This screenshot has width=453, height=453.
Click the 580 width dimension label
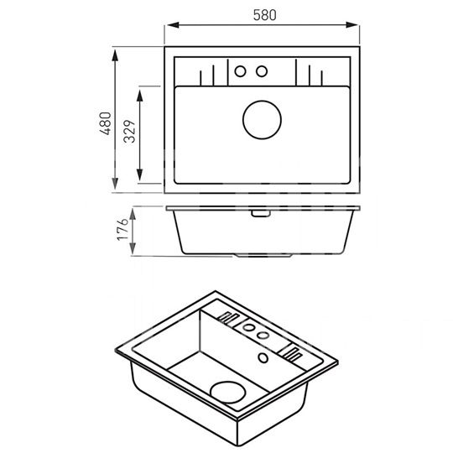[x=264, y=15]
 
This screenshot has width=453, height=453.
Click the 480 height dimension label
[x=106, y=123]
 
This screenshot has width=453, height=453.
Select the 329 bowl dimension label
[x=129, y=132]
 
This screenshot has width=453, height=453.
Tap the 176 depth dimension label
[x=122, y=229]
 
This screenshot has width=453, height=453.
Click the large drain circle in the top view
[x=262, y=120]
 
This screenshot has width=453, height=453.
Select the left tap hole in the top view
[x=240, y=71]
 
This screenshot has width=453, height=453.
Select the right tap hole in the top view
[x=262, y=71]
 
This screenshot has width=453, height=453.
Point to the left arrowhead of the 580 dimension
[x=173, y=25]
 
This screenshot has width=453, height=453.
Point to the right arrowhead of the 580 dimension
[x=351, y=25]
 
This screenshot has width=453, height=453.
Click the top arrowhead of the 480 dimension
[x=115, y=55]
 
